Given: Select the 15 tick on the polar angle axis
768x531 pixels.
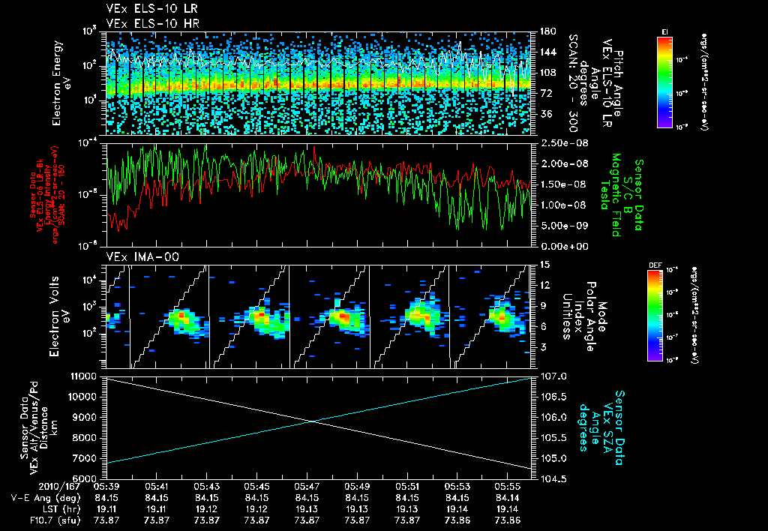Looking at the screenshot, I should [x=544, y=265].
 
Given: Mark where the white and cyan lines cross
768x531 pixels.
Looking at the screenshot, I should [x=311, y=421].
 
